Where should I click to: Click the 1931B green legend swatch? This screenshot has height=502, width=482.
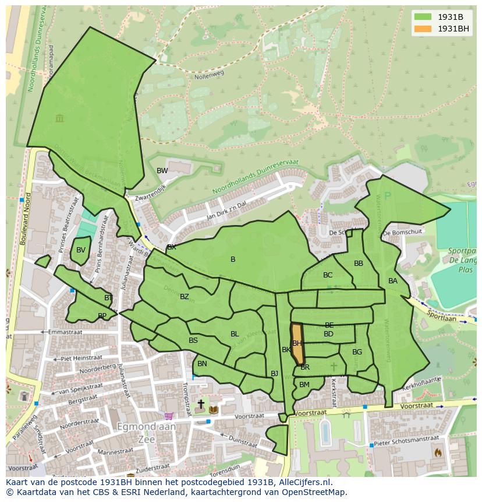tap(423, 16)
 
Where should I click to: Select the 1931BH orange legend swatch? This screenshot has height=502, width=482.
tap(423, 29)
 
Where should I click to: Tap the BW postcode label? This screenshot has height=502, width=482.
tap(162, 171)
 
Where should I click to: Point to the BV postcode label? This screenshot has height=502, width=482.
tap(81, 250)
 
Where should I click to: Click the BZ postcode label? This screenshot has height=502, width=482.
tap(185, 297)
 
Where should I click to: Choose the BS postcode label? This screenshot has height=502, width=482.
tap(193, 340)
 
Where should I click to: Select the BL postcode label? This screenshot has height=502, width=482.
tap(235, 334)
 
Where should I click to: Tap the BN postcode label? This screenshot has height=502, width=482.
tap(202, 364)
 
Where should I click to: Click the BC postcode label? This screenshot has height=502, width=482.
tap(328, 275)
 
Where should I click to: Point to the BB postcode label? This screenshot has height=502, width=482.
tap(359, 264)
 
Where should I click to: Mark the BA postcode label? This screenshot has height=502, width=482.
tap(393, 280)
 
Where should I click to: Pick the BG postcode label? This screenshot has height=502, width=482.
tap(357, 352)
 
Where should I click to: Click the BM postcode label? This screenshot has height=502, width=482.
tap(304, 385)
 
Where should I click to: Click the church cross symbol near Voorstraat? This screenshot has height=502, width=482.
tap(201, 403)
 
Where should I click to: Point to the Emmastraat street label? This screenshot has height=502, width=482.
tap(66, 332)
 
